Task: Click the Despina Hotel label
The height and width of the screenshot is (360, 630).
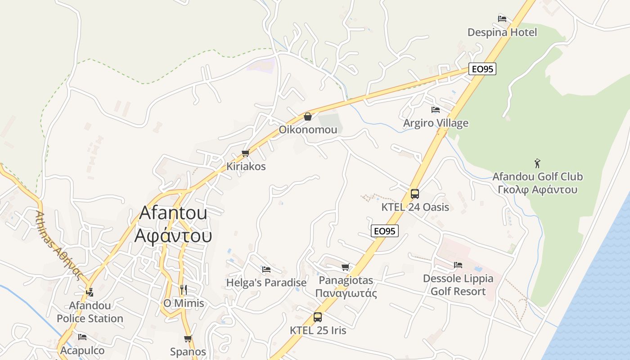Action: (502, 32)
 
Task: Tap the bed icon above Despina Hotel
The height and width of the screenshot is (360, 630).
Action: (502, 19)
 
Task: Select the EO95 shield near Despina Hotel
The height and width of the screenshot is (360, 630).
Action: (482, 69)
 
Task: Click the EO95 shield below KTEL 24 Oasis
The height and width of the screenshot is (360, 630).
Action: (385, 231)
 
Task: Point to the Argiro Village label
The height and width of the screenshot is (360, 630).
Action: (436, 123)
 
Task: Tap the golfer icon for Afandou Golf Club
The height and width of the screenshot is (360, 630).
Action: (537, 163)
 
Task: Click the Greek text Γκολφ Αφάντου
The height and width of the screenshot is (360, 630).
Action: (537, 189)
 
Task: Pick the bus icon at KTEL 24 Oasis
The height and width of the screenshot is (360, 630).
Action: (415, 194)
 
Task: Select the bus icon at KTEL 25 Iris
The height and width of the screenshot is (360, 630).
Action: (318, 317)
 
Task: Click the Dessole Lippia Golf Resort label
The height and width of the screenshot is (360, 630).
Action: (458, 285)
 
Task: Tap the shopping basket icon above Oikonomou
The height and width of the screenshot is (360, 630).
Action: (308, 117)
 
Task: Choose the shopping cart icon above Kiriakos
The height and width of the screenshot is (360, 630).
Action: (246, 153)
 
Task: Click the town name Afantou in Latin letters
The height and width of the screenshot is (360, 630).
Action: (173, 212)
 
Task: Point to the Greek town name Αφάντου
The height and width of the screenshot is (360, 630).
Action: (173, 235)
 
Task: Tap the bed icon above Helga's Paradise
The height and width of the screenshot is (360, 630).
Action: (266, 270)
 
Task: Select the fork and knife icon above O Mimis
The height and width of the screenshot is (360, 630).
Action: (183, 289)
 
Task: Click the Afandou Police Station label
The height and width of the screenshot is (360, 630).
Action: (90, 312)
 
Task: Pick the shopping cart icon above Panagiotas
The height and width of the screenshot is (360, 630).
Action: (346, 267)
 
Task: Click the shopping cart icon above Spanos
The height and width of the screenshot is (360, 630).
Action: (188, 338)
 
